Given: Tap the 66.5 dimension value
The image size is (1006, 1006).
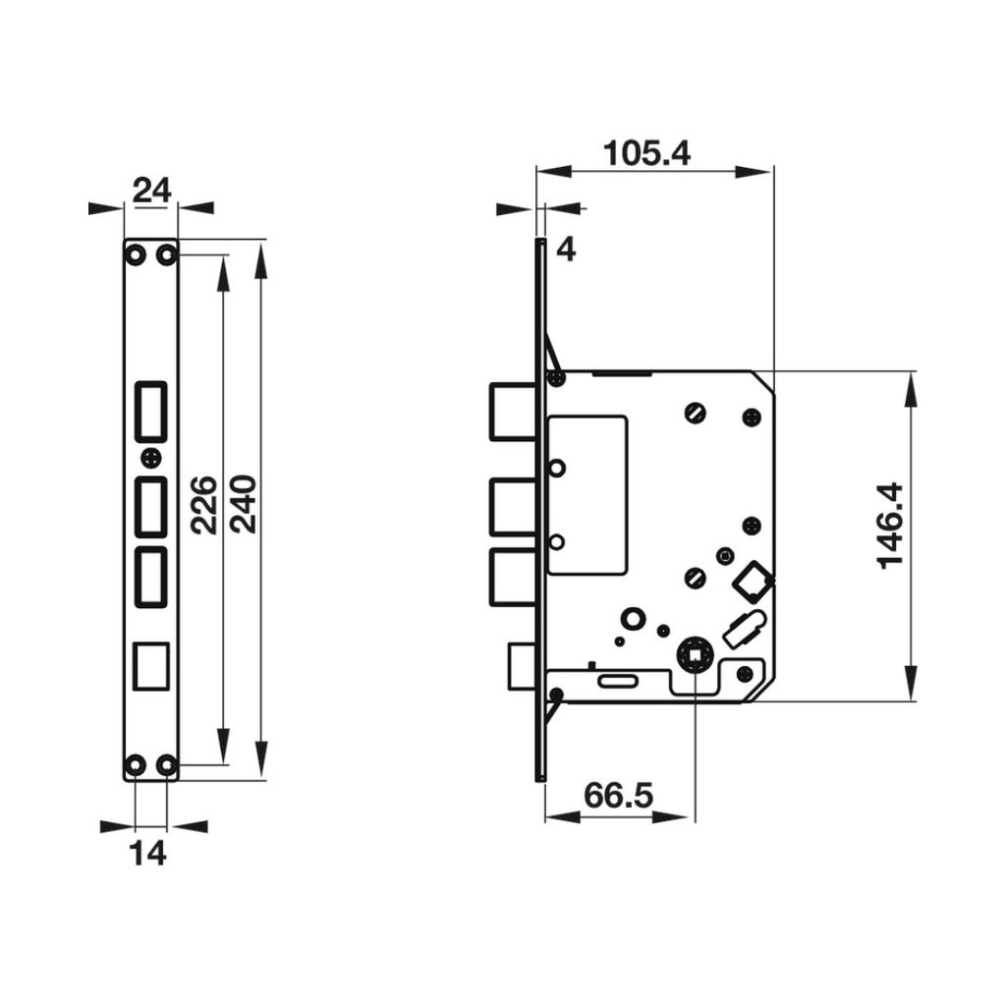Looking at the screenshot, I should [618, 795].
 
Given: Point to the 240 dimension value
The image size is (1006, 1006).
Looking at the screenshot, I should [243, 504].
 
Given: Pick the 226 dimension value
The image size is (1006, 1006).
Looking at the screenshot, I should [203, 504].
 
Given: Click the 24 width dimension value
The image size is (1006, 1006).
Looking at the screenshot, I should [151, 191].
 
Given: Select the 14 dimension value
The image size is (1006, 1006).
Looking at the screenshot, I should [148, 854].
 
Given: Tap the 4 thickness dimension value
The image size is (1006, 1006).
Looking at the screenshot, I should [566, 250].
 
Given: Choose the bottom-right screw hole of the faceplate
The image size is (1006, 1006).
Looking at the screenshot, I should [167, 763].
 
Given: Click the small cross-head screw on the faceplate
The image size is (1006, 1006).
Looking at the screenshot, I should [150, 457].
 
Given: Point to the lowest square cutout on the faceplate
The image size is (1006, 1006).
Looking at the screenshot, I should [150, 664].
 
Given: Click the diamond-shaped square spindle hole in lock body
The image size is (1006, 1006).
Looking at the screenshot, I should [754, 581].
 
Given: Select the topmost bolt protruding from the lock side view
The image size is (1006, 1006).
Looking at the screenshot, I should [512, 410].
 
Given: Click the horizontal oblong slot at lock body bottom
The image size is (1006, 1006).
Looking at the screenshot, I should [617, 680].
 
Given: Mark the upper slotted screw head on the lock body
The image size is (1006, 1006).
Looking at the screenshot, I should [697, 413].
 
